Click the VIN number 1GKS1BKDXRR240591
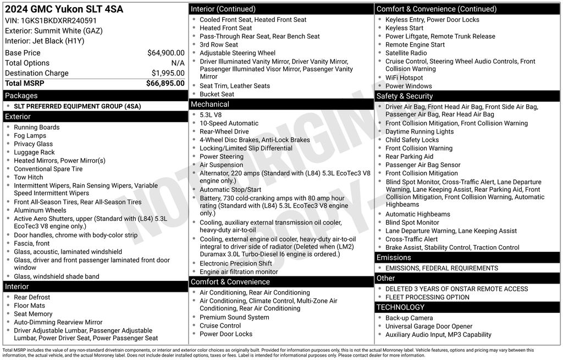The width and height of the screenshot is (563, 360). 58,21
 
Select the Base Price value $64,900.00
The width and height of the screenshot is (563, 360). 165,53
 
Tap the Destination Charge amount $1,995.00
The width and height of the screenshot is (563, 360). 168,73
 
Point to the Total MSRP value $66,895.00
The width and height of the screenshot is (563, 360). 165,83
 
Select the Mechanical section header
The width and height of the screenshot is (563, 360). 209,104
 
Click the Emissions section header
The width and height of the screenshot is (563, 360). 394,258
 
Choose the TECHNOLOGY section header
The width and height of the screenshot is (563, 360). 401,307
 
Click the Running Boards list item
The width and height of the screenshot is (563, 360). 37,128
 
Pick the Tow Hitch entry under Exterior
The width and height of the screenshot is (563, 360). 29,178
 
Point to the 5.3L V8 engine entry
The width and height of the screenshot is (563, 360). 211,115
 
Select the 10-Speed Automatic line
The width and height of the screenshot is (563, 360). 229,124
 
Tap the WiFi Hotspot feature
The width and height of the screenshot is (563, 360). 404,78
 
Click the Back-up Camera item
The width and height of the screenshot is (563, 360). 409,318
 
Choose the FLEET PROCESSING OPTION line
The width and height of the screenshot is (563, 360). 427,297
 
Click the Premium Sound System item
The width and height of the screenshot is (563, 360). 234,318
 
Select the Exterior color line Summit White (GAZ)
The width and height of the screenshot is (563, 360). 54,31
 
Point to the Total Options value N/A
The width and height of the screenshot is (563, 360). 178,63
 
